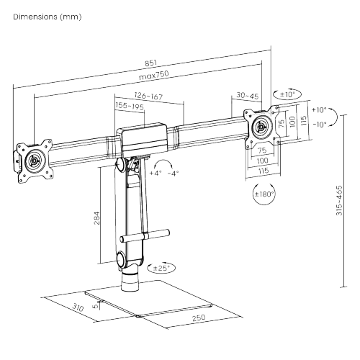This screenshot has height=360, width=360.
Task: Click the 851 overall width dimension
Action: pyautogui.click(x=150, y=63)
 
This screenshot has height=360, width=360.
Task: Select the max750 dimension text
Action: pyautogui.click(x=154, y=75)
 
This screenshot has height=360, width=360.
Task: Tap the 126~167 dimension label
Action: pyautogui.click(x=148, y=96)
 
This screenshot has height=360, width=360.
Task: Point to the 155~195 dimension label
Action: pyautogui.click(x=130, y=106)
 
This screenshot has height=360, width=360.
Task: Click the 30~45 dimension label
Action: pyautogui.click(x=248, y=96)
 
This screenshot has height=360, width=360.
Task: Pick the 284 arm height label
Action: pyautogui.click(x=96, y=218)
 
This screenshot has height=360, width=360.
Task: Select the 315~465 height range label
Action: pyautogui.click(x=339, y=200)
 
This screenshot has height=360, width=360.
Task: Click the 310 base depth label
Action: pyautogui.click(x=78, y=307)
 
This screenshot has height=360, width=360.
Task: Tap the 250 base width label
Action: pyautogui.click(x=199, y=318)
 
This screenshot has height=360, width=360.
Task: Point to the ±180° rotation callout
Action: pyautogui.click(x=264, y=194)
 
